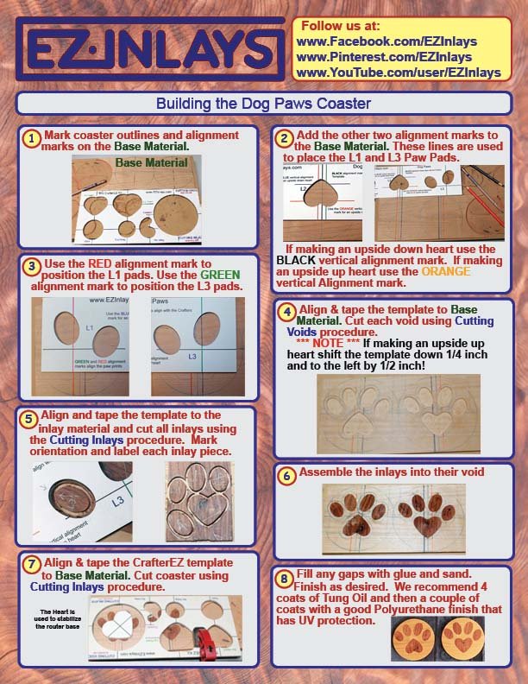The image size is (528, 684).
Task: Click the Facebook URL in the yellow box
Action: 386,41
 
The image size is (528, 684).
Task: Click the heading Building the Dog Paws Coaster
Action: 263,104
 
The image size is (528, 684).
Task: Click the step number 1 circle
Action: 31,138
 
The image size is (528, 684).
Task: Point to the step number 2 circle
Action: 284,138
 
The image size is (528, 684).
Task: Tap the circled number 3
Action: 31,266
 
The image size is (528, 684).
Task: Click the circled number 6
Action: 287,473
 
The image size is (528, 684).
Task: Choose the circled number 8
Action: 286,576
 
